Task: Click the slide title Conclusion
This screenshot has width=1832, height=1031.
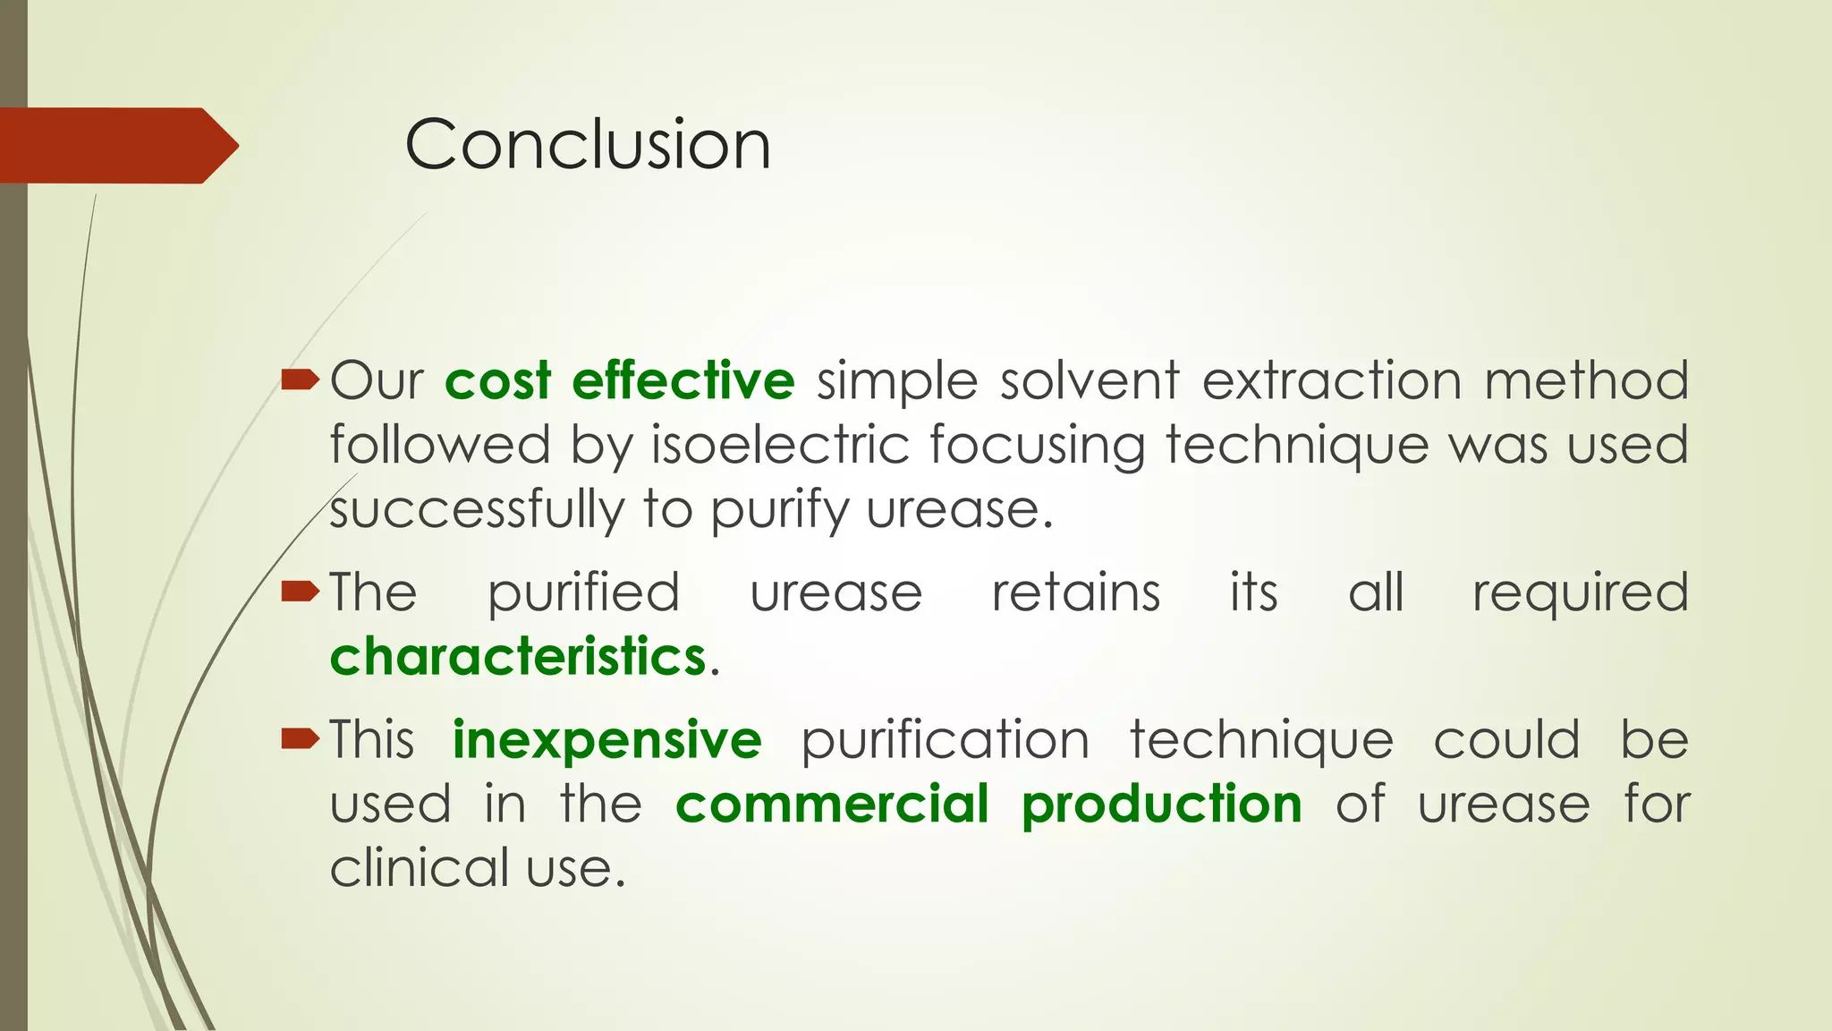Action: [x=587, y=145]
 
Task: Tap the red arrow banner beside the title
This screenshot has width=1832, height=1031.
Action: [x=116, y=145]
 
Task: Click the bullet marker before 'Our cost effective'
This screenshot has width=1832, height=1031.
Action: [x=300, y=381]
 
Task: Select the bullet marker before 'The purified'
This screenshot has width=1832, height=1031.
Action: [x=300, y=592]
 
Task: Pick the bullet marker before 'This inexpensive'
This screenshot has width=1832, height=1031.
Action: [x=300, y=738]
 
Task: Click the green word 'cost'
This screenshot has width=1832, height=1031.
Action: [x=497, y=381]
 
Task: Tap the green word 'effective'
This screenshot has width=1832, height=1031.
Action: [x=683, y=380]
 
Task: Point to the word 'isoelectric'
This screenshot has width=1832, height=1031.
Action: [x=779, y=445]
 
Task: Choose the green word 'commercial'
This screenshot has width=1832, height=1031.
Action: [x=832, y=804]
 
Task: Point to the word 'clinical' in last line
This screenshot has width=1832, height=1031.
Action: [x=419, y=868]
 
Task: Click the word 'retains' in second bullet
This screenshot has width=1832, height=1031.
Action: [x=1075, y=592]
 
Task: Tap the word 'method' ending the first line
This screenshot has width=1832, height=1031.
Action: [x=1586, y=381]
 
